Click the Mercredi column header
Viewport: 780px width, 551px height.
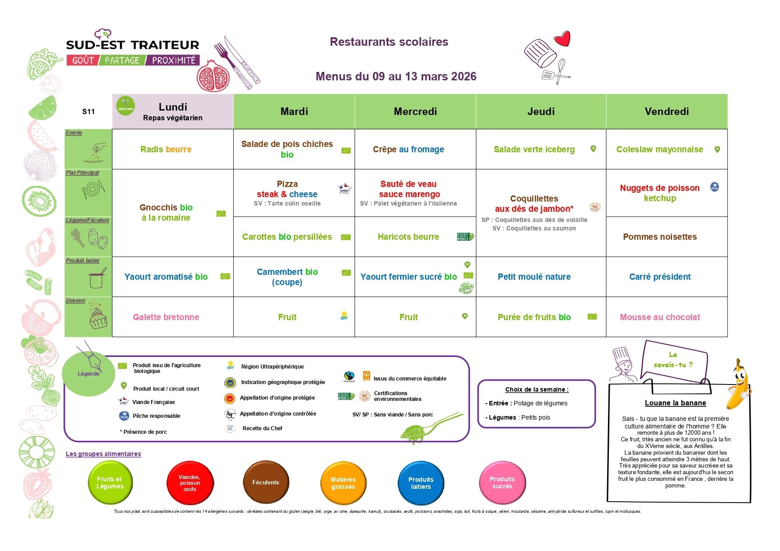415,111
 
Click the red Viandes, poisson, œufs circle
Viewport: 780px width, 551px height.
190,483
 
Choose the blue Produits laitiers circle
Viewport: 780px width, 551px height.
421,483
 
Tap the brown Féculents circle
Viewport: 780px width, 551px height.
266,483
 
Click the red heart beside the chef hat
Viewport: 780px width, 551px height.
562,39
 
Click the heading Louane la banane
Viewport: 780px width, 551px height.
675,403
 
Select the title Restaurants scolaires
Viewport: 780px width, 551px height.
389,42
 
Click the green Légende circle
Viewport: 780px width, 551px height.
88,373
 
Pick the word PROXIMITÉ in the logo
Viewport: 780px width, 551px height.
174,60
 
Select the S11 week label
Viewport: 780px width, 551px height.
88,111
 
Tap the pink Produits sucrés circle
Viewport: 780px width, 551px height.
502,483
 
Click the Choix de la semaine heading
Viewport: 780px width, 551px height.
536,389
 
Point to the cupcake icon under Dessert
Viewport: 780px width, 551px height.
98,316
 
